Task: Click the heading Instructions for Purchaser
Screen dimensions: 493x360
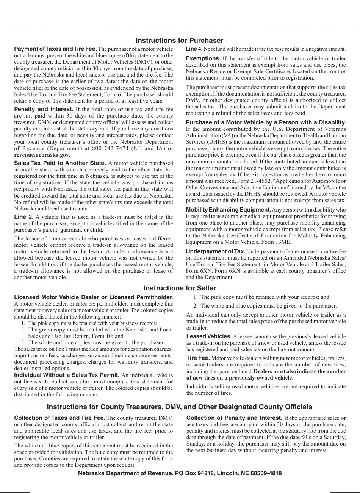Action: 179,41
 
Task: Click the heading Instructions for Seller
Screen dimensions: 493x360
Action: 180,288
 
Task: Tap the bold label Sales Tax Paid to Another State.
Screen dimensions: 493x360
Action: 60,163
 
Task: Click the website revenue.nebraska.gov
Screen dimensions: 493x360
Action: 41,155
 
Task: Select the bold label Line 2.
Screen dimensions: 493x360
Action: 23,217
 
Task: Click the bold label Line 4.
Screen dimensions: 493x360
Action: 194,49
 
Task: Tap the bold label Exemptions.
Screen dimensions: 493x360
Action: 203,58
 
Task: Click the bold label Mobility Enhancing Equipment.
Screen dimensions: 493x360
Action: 228,210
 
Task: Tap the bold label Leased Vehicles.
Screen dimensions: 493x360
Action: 209,336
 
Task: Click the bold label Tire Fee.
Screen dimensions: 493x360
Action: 198,358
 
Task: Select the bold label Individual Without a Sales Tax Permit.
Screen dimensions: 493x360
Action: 67,375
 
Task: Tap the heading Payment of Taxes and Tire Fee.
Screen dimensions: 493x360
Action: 55,49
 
